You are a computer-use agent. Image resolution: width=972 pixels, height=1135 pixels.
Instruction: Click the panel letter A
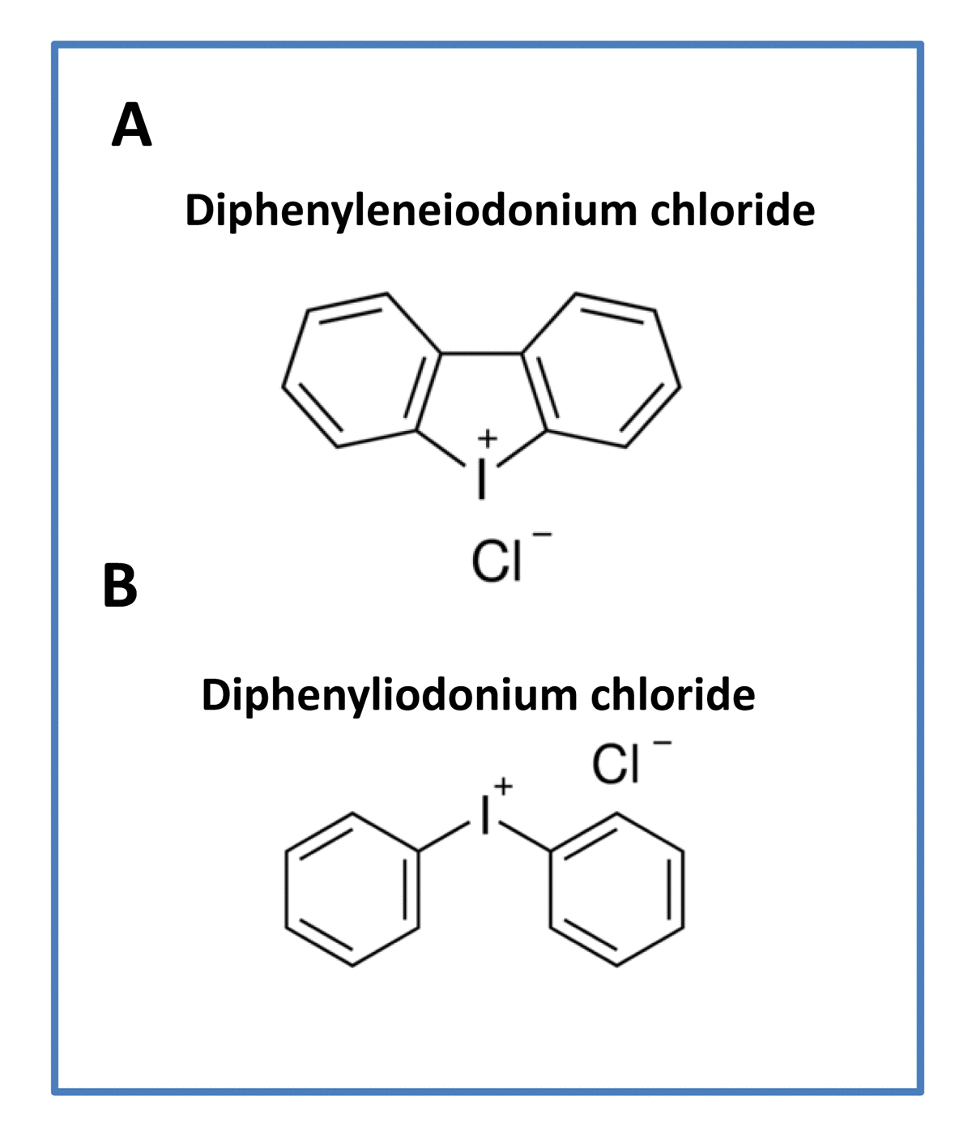[x=131, y=126]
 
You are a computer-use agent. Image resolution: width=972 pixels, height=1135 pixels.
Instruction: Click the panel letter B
[x=120, y=586]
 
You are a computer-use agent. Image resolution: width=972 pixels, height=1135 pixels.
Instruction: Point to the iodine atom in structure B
[x=485, y=814]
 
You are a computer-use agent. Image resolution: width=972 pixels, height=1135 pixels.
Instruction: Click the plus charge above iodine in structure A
[x=486, y=439]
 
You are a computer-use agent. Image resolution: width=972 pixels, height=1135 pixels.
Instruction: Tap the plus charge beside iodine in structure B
[x=504, y=785]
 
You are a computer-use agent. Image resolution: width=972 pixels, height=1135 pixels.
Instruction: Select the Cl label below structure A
[x=497, y=561]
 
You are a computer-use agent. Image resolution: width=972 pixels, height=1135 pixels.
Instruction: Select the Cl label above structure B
[x=616, y=764]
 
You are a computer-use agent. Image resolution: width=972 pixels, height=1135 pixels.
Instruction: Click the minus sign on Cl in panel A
[x=543, y=535]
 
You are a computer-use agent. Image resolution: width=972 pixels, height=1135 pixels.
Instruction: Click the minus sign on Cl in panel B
[x=663, y=742]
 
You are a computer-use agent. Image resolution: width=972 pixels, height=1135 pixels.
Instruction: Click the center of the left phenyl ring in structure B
[x=352, y=890]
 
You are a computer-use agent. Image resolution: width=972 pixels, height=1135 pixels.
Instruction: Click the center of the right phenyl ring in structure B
[x=616, y=890]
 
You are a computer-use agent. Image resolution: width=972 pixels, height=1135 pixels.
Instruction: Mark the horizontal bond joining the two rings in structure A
[x=482, y=353]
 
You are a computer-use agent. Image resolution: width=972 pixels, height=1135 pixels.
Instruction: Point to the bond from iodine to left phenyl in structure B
[x=444, y=837]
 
